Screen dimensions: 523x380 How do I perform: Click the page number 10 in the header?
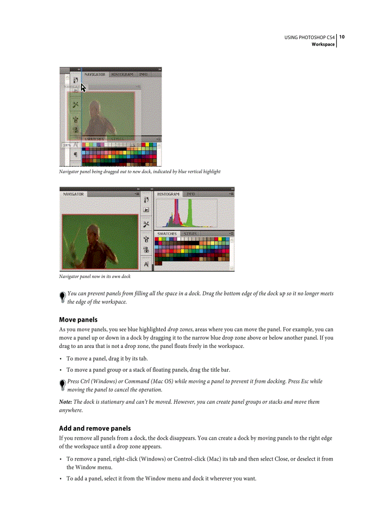342,37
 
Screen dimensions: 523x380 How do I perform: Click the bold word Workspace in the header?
323,44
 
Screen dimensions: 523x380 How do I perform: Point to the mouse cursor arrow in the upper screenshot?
83,88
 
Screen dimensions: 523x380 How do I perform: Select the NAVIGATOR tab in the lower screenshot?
74,194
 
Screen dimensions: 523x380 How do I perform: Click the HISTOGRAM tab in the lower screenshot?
168,194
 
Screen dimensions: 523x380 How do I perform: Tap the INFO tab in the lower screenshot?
191,194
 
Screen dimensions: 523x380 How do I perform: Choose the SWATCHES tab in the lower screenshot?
167,233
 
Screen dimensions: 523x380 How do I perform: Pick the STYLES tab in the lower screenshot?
190,233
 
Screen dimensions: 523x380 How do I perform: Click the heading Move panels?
78,319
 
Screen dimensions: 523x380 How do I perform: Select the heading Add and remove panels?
95,428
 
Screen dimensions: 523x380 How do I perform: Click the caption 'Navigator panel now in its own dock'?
95,276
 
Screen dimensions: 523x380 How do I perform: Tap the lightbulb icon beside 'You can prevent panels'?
62,298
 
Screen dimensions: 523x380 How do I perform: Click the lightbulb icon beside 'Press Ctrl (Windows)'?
62,385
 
